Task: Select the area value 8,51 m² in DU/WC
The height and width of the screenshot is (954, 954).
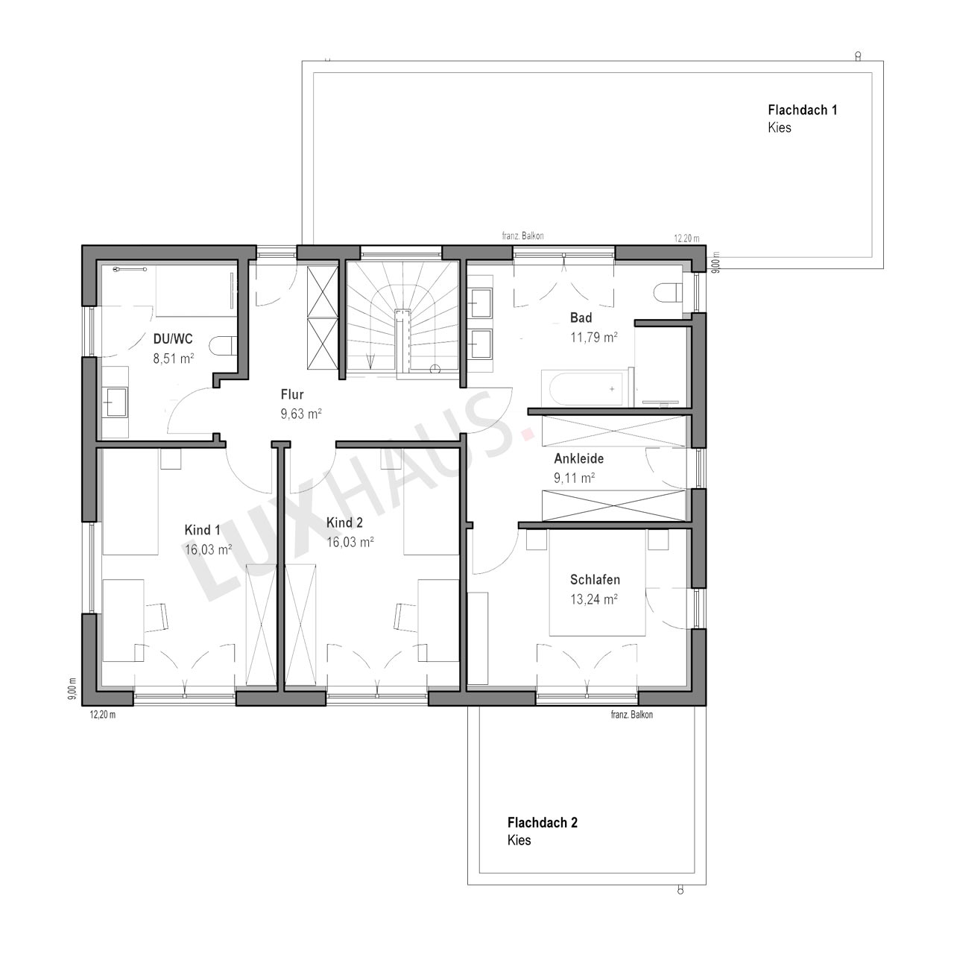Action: [x=173, y=358]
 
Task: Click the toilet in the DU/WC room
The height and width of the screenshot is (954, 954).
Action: [x=222, y=346]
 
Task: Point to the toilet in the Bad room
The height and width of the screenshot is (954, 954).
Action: [x=668, y=293]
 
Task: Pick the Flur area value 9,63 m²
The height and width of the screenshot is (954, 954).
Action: [x=301, y=414]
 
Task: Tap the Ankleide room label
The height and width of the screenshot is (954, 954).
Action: [x=579, y=458]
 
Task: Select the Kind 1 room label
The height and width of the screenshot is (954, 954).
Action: [x=202, y=530]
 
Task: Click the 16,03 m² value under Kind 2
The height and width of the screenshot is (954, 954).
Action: [x=350, y=542]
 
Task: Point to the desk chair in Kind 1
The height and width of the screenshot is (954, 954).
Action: [x=157, y=617]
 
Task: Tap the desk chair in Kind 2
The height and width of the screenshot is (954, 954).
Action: [x=406, y=617]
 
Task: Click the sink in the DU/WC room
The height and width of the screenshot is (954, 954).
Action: [x=116, y=402]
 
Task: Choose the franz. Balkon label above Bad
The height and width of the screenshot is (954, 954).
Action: [x=522, y=236]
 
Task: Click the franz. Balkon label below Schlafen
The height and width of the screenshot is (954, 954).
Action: [x=632, y=715]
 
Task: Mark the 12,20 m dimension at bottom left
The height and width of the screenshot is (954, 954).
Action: [x=102, y=715]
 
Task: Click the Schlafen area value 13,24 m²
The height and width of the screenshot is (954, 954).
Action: [x=593, y=599]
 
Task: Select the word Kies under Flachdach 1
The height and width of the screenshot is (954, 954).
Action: [x=780, y=127]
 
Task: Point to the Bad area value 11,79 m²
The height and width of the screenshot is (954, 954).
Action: [x=593, y=337]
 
